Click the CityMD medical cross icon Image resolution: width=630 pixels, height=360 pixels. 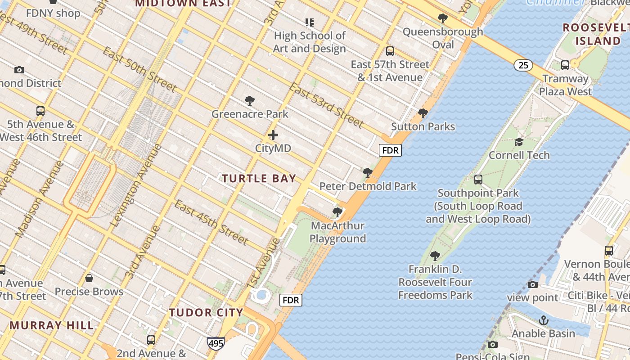(x=273, y=135)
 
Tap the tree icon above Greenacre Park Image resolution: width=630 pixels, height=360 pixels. (x=250, y=101)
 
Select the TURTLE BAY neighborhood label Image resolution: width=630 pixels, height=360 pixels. (x=259, y=179)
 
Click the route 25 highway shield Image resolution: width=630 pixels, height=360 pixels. (x=523, y=65)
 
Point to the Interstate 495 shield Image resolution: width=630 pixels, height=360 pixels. (x=216, y=344)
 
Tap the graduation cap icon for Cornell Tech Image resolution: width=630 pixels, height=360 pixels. (x=519, y=142)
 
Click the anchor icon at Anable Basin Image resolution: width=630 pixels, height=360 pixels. (x=544, y=320)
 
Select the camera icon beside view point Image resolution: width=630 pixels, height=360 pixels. (x=532, y=284)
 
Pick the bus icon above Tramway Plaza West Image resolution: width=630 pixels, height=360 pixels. (x=565, y=65)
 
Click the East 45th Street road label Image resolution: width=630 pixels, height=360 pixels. (x=211, y=223)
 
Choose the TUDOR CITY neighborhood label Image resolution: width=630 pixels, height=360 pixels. (x=206, y=312)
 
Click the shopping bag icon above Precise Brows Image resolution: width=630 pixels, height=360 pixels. (x=89, y=278)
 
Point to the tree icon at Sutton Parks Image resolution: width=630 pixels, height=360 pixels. (x=423, y=113)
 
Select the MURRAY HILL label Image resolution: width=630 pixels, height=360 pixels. (x=52, y=325)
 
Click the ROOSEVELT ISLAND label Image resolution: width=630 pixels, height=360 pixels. (x=592, y=34)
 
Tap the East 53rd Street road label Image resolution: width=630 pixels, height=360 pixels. (x=326, y=105)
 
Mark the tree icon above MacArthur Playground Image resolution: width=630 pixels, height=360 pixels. (x=337, y=212)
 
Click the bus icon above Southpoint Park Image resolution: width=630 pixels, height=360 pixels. (x=478, y=180)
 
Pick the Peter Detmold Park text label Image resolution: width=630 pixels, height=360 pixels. (x=368, y=186)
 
